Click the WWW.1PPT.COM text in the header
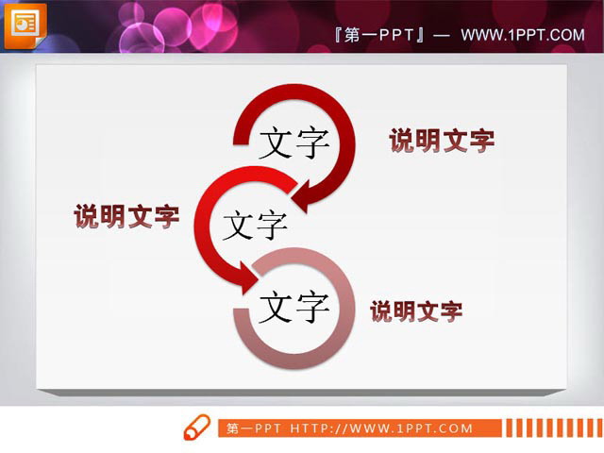coord(522,35)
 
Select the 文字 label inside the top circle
coord(294,143)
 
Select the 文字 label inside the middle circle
coord(255,225)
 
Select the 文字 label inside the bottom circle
coord(294,306)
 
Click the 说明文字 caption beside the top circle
coord(442,141)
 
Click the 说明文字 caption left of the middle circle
coord(126,216)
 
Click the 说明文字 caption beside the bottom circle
coord(416,310)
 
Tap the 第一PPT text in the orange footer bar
coord(253,428)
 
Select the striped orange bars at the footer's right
coord(548,428)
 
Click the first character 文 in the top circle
coord(276,143)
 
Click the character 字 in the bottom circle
coord(311,306)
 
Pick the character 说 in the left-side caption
coord(87,216)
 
